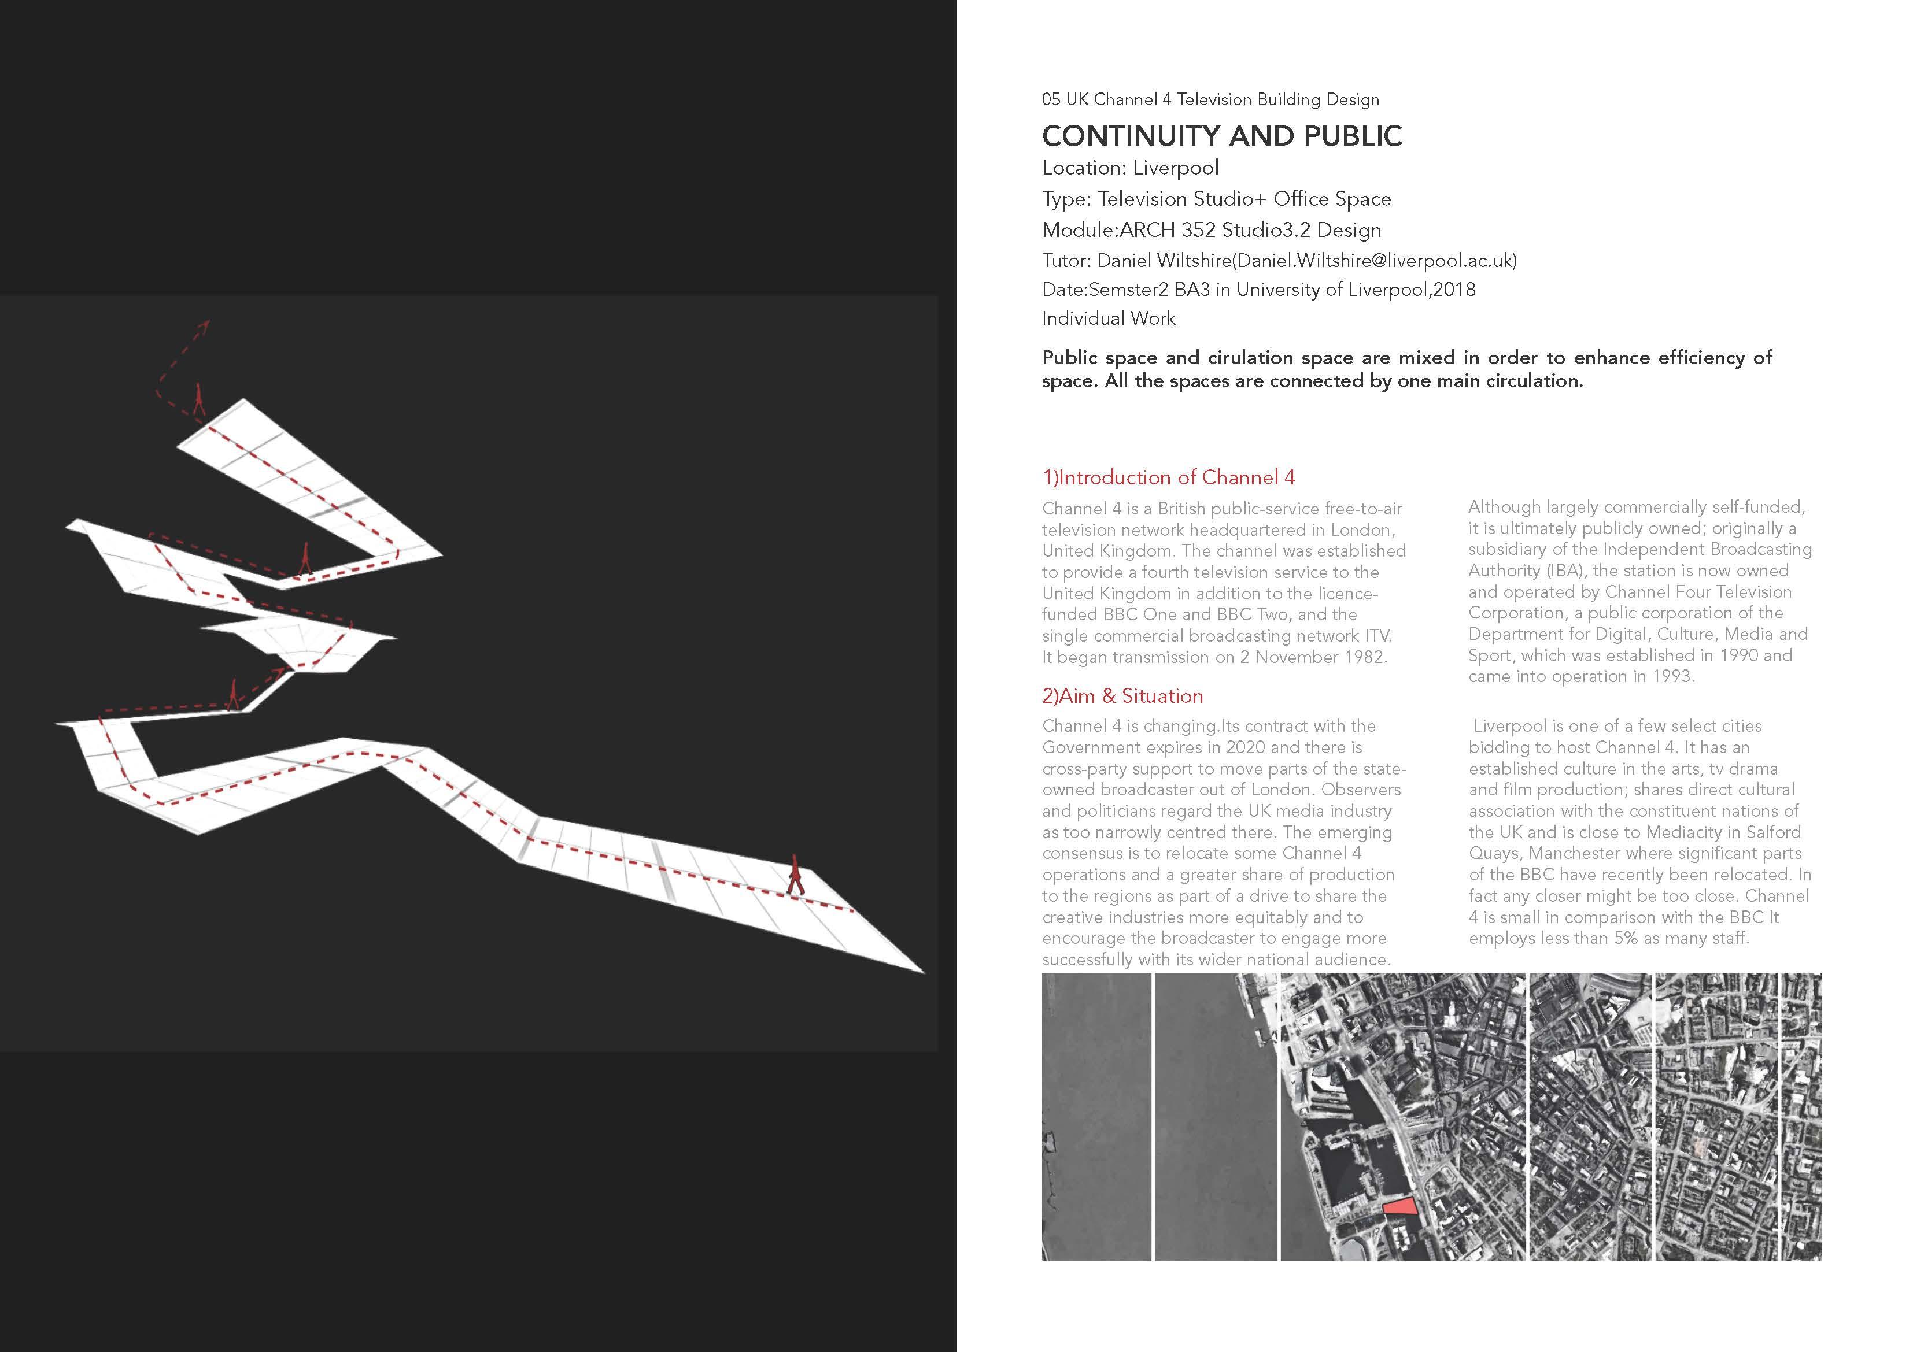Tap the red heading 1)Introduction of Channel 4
[1168, 477]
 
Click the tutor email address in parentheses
[1374, 261]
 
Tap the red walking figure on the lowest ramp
[796, 875]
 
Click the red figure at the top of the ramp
[198, 400]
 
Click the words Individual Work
[1108, 318]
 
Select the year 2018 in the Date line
[1454, 290]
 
